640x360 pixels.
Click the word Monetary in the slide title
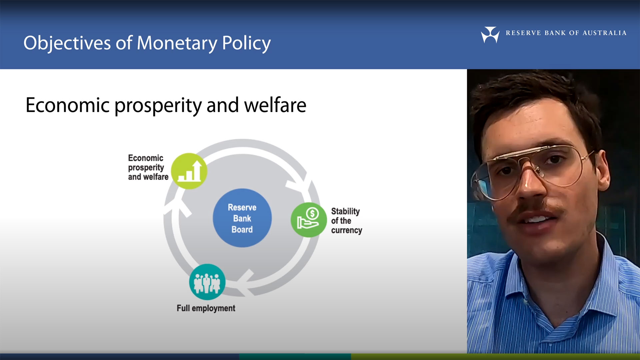click(x=177, y=43)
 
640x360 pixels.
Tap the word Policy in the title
click(x=246, y=43)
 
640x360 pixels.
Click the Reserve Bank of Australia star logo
click(x=490, y=34)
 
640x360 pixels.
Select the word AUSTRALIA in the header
click(x=604, y=33)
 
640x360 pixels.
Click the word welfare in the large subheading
click(x=275, y=105)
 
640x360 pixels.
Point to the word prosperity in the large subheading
click(x=158, y=105)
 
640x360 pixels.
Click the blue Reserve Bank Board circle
click(x=242, y=218)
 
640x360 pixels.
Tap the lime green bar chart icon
click(x=189, y=171)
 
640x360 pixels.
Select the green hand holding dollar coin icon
click(x=309, y=220)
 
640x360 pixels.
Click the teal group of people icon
click(x=207, y=282)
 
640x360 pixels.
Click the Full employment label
click(x=206, y=308)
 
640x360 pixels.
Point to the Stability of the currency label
click(x=346, y=221)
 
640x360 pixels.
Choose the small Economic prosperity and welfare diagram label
click(x=148, y=167)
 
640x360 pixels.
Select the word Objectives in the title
click(x=67, y=43)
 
